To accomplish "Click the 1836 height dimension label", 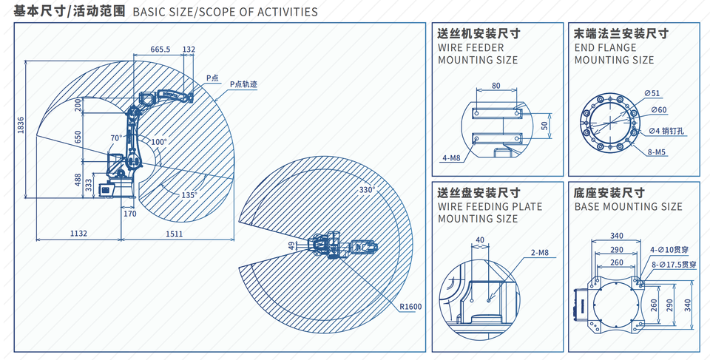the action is [21, 125].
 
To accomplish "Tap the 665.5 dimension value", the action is [160, 50].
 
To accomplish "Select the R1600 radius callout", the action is [410, 307].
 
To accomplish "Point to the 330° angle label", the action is [368, 189].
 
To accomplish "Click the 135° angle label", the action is [189, 194].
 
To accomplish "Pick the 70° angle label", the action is [116, 137].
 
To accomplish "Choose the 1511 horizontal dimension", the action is [175, 234].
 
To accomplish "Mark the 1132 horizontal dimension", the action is [78, 234].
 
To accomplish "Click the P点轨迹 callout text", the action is [243, 84].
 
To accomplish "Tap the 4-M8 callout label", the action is [451, 158].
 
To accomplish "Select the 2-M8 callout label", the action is [540, 253].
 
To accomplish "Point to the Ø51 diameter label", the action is [652, 94].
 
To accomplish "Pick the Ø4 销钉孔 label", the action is [666, 132].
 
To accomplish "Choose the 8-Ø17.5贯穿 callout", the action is [673, 265].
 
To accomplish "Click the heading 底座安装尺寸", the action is [609, 193].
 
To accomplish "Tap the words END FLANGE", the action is [606, 47].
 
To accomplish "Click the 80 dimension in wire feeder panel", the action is [496, 85].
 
